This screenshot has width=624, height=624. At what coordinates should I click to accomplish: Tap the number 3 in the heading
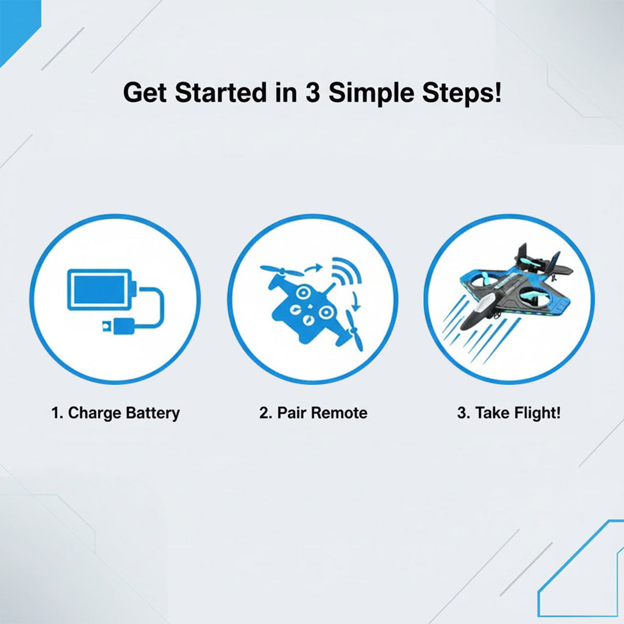coord(312,93)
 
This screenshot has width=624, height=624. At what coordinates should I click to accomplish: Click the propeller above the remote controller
coord(281,270)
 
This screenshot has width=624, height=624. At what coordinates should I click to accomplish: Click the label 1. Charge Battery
coord(115,413)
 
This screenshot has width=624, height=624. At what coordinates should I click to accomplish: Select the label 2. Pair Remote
coord(313,413)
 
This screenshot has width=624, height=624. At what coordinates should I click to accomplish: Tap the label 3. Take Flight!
coord(508,413)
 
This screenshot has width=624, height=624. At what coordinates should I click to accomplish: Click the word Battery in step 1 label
coord(151,413)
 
